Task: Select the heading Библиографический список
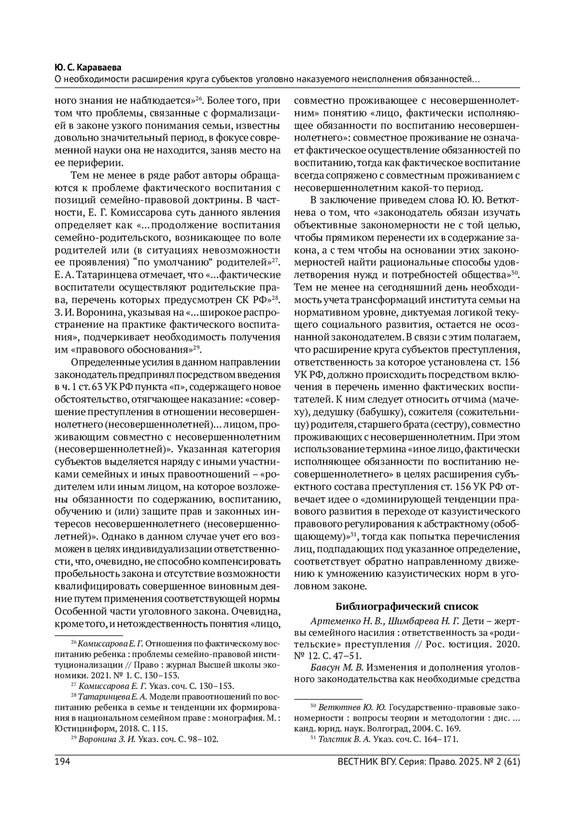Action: [x=406, y=607]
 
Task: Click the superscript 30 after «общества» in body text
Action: [x=516, y=273]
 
